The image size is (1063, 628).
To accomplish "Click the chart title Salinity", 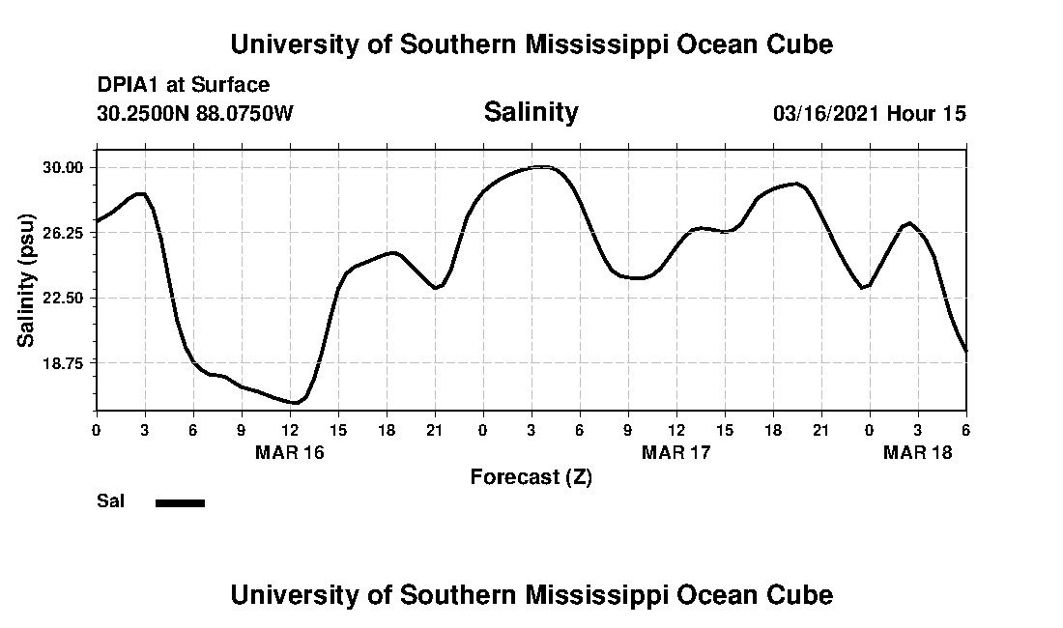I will point(531,112).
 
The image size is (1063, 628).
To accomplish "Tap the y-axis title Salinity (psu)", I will point(26,279).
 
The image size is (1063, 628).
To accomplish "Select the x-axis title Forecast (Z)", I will point(531,476).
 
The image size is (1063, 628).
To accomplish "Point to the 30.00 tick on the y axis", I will point(66,167).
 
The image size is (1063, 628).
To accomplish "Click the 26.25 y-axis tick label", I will point(66,233).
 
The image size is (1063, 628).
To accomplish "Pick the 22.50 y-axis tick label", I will point(66,298).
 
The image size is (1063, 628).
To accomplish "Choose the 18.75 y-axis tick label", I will point(66,362).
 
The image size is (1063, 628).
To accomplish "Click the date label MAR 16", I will point(290,452).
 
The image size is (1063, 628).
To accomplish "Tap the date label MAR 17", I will point(676,452).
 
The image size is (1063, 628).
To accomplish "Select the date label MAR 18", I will point(918,452).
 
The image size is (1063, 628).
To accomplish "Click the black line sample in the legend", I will point(180,502).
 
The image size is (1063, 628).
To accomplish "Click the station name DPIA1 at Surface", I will point(183,86).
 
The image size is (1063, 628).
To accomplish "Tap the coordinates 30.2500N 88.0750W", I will point(194,113).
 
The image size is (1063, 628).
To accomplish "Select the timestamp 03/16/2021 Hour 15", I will point(869,113).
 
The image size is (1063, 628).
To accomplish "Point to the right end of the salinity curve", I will point(965,352).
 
